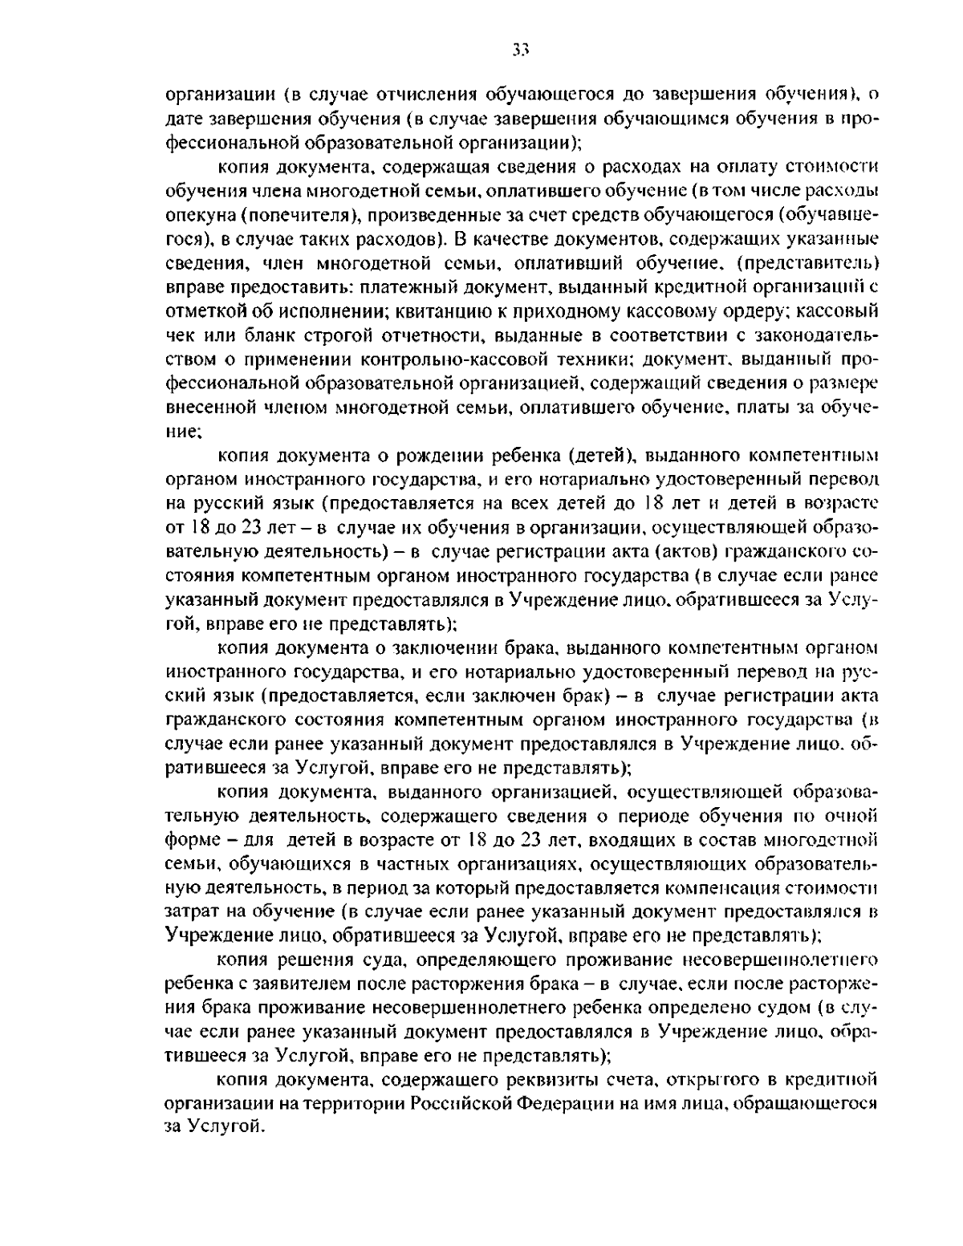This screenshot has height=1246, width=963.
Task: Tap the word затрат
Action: coord(189,912)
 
